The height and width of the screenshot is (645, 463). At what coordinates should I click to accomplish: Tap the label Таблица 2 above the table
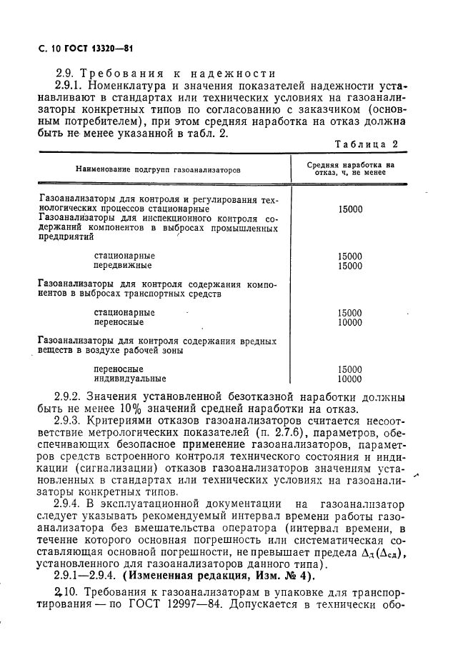[x=366, y=144]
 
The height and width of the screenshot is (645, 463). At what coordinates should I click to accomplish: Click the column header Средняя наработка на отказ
[x=350, y=169]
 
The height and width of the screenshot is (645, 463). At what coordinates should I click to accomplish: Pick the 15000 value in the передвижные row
[x=350, y=266]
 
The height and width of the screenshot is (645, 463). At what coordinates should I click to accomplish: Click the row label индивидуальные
[x=130, y=379]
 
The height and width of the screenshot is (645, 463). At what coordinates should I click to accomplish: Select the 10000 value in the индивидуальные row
[x=350, y=379]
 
